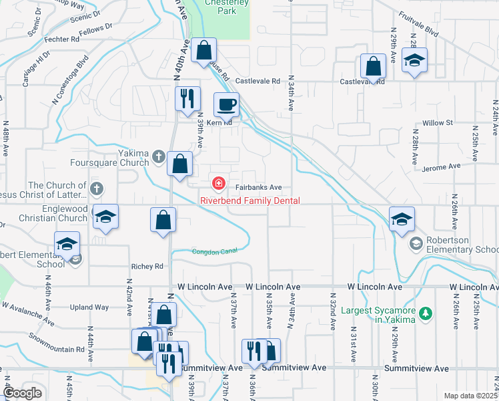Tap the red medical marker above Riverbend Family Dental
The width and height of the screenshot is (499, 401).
[217, 182]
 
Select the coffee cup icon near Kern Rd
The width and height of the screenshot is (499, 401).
[225, 105]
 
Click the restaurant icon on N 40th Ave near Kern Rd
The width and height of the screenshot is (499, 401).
[187, 98]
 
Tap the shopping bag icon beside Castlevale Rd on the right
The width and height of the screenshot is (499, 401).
[373, 65]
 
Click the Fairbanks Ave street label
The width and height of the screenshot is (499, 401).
[258, 188]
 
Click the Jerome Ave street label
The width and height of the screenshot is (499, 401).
[444, 166]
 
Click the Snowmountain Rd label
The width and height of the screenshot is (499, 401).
[57, 340]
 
